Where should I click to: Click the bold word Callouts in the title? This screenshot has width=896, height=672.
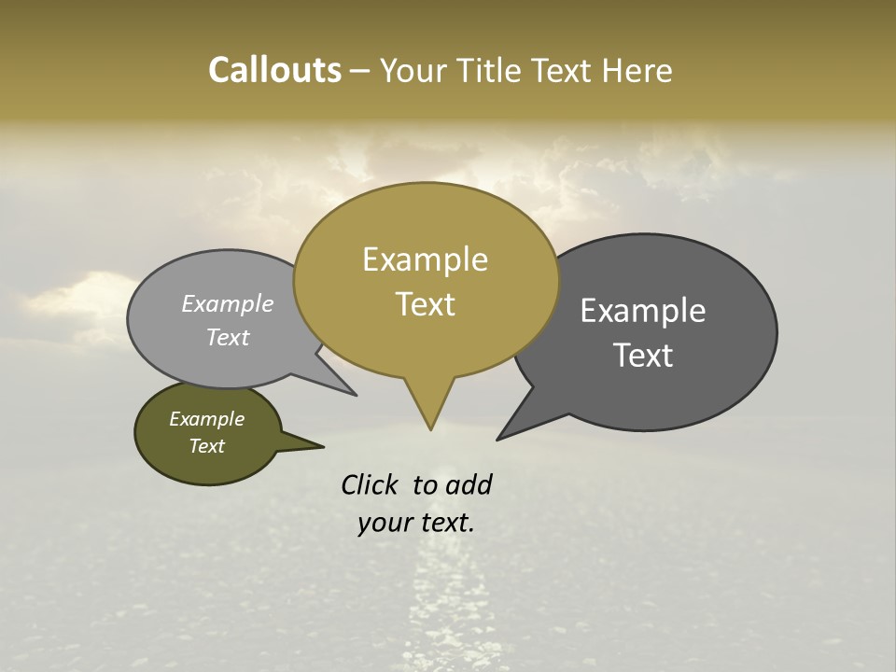click(x=274, y=70)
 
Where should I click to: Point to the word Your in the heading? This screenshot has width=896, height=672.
click(x=415, y=70)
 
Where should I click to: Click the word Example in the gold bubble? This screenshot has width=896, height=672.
click(x=425, y=259)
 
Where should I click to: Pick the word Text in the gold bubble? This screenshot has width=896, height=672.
click(x=425, y=304)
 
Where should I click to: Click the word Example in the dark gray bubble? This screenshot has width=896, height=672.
click(x=643, y=311)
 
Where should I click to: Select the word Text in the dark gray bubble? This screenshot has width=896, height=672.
click(x=643, y=356)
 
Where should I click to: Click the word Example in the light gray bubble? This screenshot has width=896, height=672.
click(x=228, y=304)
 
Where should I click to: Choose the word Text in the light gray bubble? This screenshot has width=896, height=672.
click(x=228, y=337)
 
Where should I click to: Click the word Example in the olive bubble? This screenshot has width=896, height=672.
click(x=206, y=419)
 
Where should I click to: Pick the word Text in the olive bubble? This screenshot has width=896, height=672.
click(x=206, y=446)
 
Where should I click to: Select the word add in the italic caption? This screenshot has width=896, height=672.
click(x=469, y=485)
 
